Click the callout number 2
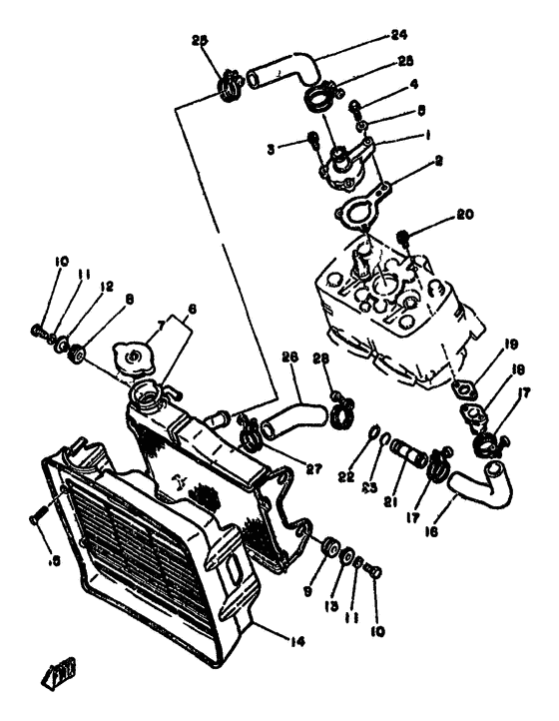click(x=438, y=158)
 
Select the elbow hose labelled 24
click(x=284, y=72)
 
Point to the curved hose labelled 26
click(x=289, y=416)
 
